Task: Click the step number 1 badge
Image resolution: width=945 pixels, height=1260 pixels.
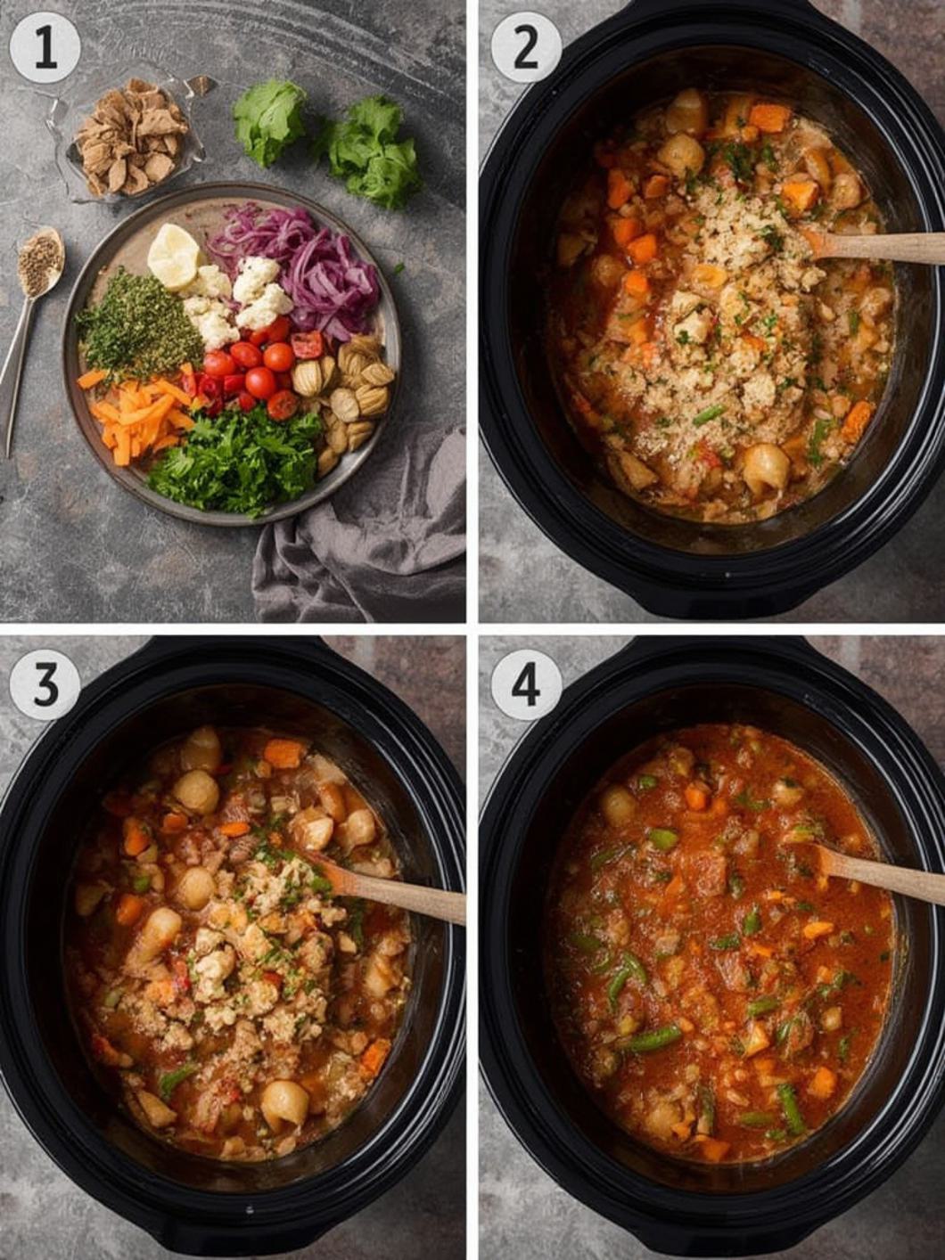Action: (x=45, y=47)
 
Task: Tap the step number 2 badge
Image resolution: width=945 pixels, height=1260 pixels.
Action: (x=526, y=47)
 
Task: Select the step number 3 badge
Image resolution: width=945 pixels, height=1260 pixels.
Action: (x=45, y=683)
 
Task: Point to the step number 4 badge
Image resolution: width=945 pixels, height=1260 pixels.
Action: (x=526, y=683)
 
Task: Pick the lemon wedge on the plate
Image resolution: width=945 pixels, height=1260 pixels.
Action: (x=173, y=255)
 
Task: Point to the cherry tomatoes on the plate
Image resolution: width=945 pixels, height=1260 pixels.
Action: (x=254, y=370)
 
